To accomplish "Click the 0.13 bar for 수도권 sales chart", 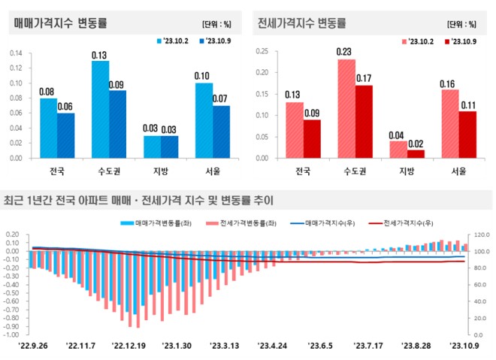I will tap(100, 110).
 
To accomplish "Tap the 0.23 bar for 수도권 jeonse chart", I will tap(346, 108).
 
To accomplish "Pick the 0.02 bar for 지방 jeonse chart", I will tap(416, 153).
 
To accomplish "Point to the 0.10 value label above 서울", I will tap(201, 76).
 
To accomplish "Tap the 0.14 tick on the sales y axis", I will tap(16, 53).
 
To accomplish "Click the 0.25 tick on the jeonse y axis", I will tap(262, 51).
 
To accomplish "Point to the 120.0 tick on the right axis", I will tap(481, 235).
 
